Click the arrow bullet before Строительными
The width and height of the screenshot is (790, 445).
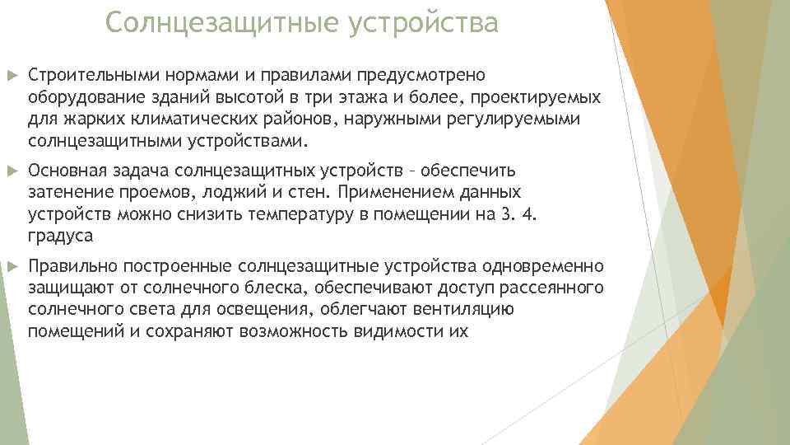pos(11,76)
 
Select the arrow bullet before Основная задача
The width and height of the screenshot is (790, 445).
pos(11,171)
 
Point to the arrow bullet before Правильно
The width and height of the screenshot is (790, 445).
pos(11,267)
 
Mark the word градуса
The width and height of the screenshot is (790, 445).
pos(60,237)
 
